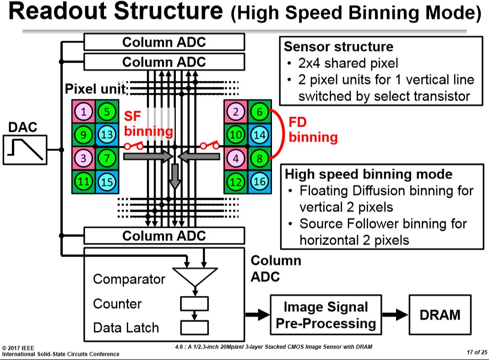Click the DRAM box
[x=440, y=314]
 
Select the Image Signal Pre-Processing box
[x=326, y=315]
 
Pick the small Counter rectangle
[x=195, y=304]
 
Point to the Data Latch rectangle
[x=195, y=328]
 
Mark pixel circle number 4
[x=235, y=159]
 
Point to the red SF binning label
[x=148, y=124]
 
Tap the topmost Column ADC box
[x=164, y=43]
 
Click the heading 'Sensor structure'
[x=338, y=47]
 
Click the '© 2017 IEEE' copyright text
[x=18, y=348]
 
